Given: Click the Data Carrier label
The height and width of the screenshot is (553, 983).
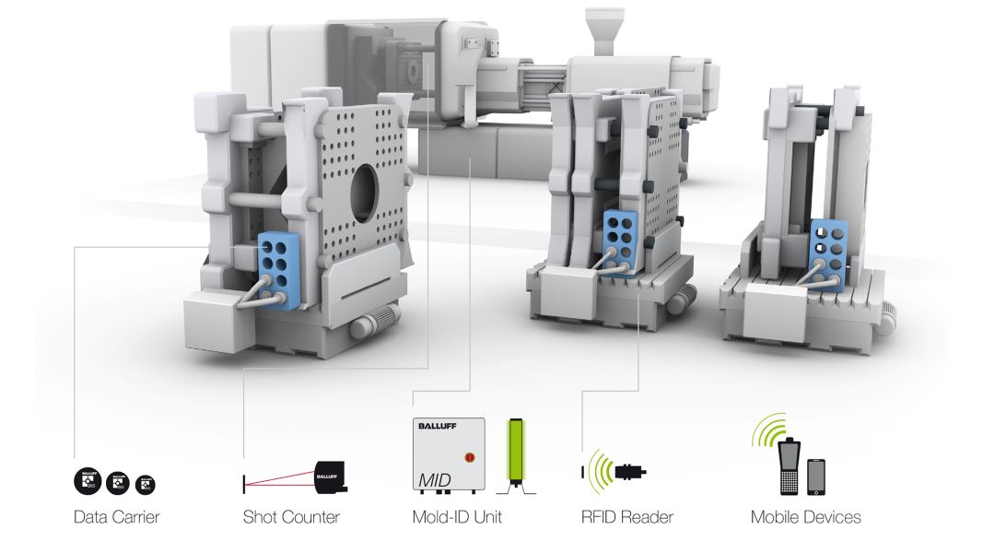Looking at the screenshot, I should point(116,517).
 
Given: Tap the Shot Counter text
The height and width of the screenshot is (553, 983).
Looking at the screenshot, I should point(291,517).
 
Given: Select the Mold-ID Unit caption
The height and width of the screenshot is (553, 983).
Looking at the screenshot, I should point(457,517).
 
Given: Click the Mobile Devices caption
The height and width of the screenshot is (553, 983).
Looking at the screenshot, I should point(806,517).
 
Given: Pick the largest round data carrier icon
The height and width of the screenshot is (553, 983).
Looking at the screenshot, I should point(88,480).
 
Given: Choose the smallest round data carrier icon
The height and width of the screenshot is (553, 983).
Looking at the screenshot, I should point(146,483).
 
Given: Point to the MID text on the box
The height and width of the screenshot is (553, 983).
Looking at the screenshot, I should point(436,480).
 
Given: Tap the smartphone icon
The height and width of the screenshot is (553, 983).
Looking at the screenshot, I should point(816,477).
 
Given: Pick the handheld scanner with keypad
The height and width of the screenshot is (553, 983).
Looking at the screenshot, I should point(790,465).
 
